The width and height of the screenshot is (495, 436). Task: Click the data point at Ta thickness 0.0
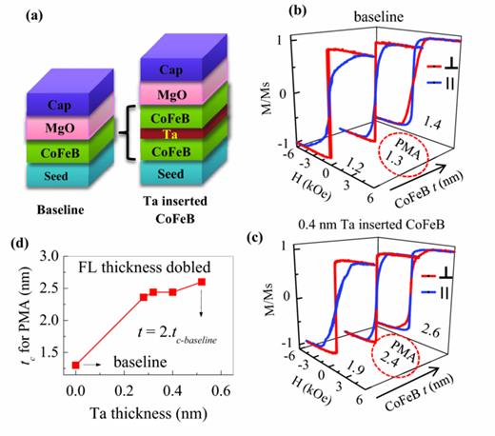(x=75, y=365)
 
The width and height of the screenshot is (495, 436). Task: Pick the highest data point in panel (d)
(x=201, y=282)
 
